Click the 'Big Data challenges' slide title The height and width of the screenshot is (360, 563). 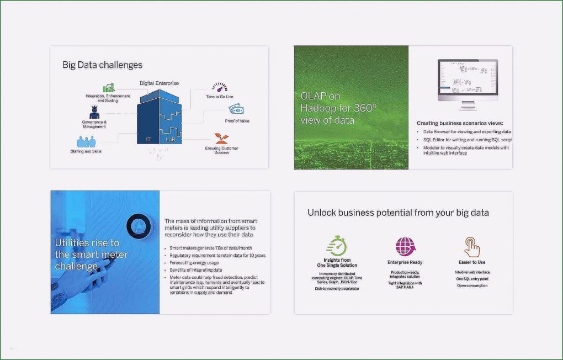point(102,65)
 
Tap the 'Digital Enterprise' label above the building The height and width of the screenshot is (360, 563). point(159,83)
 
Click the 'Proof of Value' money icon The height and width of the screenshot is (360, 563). point(237,109)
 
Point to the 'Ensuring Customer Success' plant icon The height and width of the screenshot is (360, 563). point(221,137)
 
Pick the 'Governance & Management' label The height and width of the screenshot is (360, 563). point(94,124)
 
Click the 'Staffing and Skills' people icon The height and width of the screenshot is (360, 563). point(83,142)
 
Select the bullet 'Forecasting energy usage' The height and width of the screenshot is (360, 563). point(194,263)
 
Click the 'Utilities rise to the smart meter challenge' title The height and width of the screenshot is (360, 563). point(91,255)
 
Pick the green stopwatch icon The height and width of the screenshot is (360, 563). point(337,246)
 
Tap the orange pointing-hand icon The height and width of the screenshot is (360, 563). point(472,247)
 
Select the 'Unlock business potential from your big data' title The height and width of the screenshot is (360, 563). point(398,213)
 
